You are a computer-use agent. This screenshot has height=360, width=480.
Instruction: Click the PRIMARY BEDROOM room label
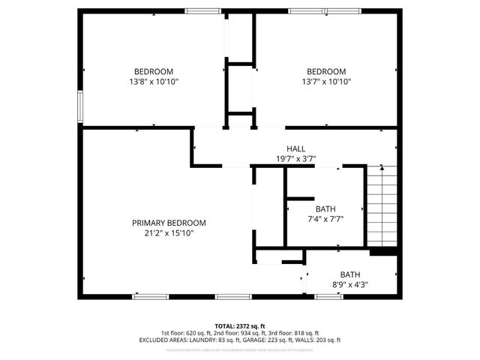coord(169,223)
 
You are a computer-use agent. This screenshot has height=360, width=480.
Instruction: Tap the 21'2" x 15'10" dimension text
coord(169,233)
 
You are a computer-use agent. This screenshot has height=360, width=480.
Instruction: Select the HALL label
coord(295,148)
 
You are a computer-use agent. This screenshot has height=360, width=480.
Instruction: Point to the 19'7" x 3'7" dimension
coord(295,158)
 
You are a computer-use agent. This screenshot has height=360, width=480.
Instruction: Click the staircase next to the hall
coord(381,206)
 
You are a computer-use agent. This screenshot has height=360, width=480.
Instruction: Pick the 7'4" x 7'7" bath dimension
coord(325,220)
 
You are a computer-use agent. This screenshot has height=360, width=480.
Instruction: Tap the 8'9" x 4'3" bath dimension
coord(349,285)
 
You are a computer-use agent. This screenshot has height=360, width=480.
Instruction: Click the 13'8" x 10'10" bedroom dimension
coord(154,82)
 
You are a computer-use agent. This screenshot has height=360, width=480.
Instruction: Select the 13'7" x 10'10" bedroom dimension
coord(326,82)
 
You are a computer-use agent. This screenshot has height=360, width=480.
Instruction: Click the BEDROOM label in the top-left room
coord(154,71)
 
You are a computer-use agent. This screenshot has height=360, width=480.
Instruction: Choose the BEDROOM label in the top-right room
coord(326,71)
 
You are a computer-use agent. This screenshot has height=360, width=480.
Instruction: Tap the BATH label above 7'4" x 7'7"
coord(325,209)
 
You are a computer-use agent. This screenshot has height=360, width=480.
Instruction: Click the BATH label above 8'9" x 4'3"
coord(349,274)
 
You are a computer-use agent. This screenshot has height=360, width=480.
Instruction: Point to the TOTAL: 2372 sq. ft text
coord(240,325)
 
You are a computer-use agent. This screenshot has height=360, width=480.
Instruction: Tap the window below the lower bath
coord(328,296)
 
